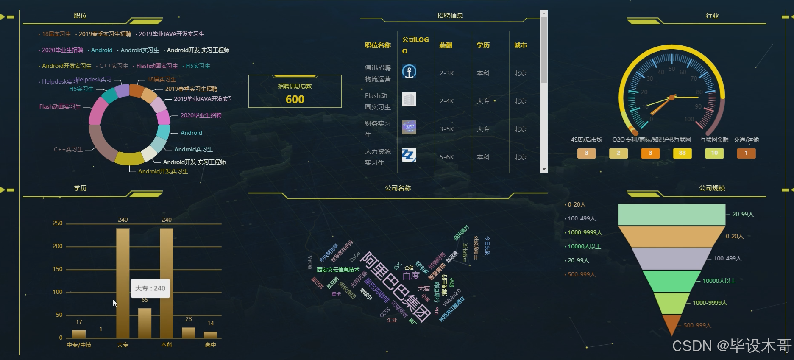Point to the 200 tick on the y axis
[x=58, y=246]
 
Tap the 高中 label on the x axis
[x=210, y=345]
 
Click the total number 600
[x=295, y=99]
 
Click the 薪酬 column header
[x=446, y=45]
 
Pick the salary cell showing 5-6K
[x=447, y=157]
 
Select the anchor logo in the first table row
[x=409, y=72]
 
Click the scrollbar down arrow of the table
[x=544, y=170]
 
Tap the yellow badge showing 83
[x=682, y=153]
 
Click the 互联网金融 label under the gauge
[x=714, y=140]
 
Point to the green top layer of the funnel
[x=671, y=215]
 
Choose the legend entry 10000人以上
[x=584, y=246]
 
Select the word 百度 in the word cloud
[x=411, y=276]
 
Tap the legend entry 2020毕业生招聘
[x=62, y=50]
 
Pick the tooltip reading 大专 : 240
[x=150, y=288]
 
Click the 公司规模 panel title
[x=712, y=188]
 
